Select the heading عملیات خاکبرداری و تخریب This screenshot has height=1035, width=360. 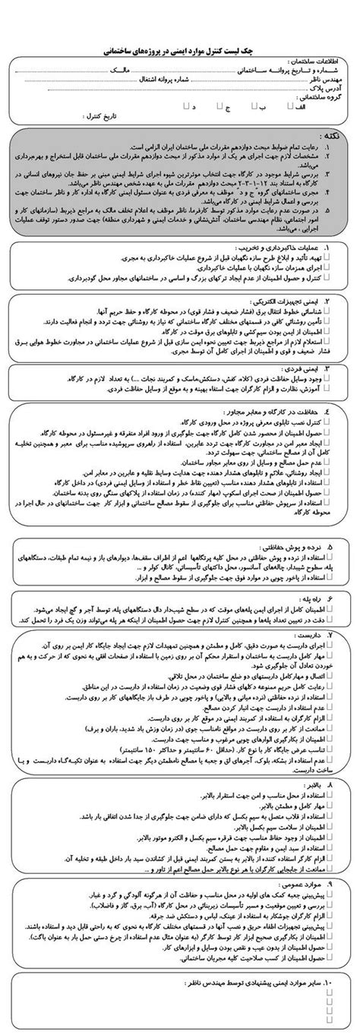click(293, 248)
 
